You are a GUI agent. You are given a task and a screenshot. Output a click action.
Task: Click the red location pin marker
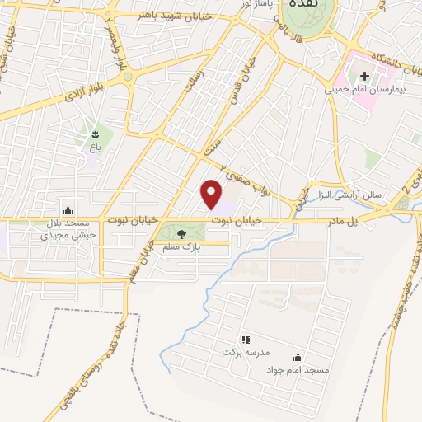212,193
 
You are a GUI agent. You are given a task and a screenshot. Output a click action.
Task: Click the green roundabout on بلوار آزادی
128,77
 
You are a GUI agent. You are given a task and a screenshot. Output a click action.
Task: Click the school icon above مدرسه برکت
245,340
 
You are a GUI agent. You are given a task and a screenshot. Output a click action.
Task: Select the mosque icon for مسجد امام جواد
297,358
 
